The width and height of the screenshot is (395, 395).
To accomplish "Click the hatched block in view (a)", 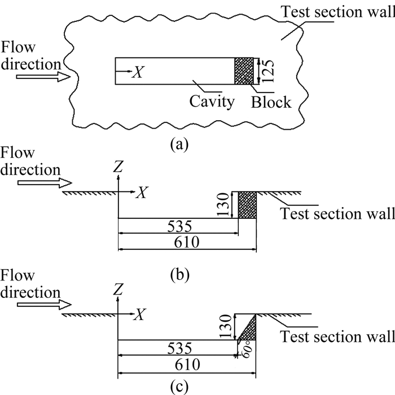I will (244, 71).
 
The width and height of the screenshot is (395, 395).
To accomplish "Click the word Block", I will (271, 102).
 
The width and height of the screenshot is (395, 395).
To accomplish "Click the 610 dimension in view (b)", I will (187, 243).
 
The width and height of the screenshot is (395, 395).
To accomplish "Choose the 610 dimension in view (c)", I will (187, 365).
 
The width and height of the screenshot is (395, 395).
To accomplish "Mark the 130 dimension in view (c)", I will (225, 326).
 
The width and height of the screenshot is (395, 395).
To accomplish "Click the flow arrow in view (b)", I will (42, 183).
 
